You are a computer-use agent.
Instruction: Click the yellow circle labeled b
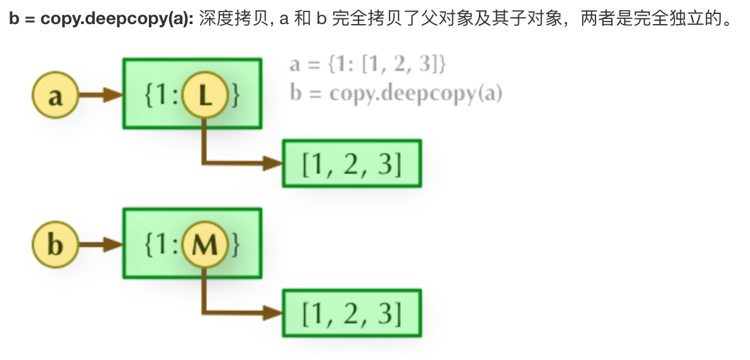coord(54,245)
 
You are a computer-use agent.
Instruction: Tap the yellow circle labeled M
coord(204,245)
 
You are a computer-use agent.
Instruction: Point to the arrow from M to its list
coord(234,312)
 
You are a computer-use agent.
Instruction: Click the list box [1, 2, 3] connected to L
coord(352,164)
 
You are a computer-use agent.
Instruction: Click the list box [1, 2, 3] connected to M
coord(352,313)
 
